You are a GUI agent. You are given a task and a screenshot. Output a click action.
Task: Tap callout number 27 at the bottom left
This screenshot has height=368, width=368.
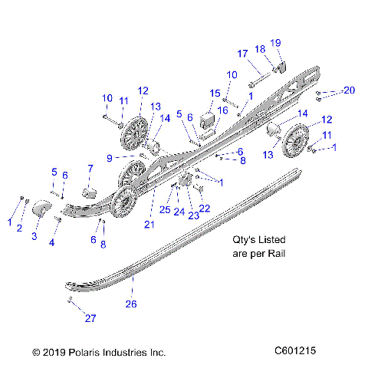click(x=90, y=317)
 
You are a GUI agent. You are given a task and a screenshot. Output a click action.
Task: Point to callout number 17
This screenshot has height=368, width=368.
click(x=242, y=54)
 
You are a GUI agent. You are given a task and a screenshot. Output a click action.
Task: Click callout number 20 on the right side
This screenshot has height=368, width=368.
click(x=349, y=90)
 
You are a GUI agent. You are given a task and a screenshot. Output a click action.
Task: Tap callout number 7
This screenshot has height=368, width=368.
click(x=90, y=169)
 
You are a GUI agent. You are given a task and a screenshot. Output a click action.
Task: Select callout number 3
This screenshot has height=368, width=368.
click(x=34, y=236)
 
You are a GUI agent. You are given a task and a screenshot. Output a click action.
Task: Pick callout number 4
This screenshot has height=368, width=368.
click(x=52, y=242)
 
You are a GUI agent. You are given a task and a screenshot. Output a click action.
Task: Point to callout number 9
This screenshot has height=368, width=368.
click(x=110, y=157)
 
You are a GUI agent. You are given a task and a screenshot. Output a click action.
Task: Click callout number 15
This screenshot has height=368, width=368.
click(x=215, y=93)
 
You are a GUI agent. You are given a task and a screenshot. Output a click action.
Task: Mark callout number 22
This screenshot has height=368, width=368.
click(x=205, y=208)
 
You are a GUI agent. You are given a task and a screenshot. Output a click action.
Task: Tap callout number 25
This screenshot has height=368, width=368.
click(x=164, y=209)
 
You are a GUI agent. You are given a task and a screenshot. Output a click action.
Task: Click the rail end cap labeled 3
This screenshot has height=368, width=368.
click(x=42, y=207)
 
